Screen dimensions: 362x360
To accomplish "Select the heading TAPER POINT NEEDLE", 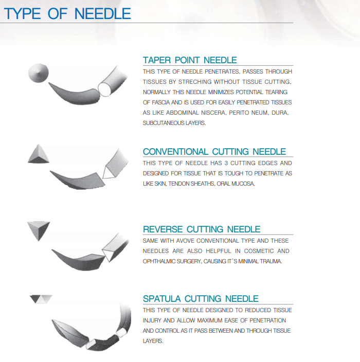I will pyautogui.click(x=190, y=60).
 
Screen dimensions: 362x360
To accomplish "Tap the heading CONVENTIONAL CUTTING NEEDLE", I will pyautogui.click(x=214, y=152).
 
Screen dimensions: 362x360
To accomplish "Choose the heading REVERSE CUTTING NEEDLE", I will pyautogui.click(x=202, y=229).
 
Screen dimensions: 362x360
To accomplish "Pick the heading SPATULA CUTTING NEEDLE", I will pyautogui.click(x=201, y=299).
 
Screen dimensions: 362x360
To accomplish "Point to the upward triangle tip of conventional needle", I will pyautogui.click(x=39, y=153).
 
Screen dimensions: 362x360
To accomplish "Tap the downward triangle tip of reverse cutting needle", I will pyautogui.click(x=39, y=229).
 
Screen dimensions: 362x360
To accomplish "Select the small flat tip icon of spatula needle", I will pyautogui.click(x=41, y=298).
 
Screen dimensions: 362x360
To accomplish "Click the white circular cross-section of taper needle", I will pyautogui.click(x=105, y=89).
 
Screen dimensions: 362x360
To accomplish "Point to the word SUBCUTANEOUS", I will pyautogui.click(x=163, y=123).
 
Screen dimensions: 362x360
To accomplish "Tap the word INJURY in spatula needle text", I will pyautogui.click(x=152, y=320).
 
